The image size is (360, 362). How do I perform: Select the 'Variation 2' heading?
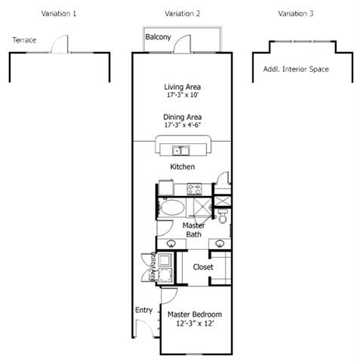[x=182, y=14]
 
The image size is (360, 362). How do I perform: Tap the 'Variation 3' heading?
[x=295, y=14]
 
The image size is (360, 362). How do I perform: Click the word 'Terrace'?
[x=24, y=40]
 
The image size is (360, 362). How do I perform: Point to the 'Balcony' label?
[x=158, y=37]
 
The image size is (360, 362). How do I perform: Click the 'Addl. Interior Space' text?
[x=296, y=69]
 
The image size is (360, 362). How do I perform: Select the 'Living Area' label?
[x=182, y=87]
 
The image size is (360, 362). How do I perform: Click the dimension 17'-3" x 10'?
[x=182, y=97]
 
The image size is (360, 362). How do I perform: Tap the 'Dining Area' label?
[x=182, y=117]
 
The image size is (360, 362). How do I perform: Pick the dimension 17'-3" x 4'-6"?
[x=182, y=126]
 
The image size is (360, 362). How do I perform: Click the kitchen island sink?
[x=180, y=149]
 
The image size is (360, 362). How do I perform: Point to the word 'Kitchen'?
[x=182, y=166]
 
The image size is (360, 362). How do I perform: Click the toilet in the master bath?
[x=222, y=218]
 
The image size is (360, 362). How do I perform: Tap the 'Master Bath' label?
[x=193, y=230]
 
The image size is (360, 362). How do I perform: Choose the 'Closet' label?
[x=202, y=267]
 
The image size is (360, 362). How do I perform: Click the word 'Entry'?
[x=143, y=310]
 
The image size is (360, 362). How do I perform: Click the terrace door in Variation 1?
[x=59, y=47]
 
